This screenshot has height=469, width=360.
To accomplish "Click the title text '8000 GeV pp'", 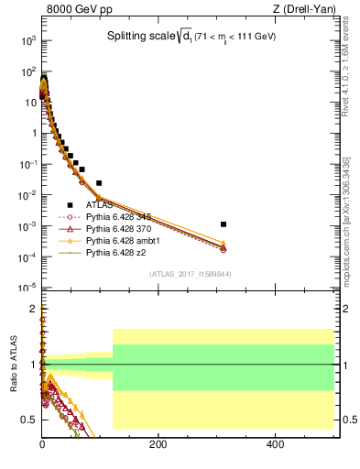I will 72,10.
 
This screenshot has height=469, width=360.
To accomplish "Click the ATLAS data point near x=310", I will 224,224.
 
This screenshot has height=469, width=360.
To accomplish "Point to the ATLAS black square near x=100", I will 99,183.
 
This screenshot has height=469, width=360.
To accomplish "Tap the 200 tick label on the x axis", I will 158,443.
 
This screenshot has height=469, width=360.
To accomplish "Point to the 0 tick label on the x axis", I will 43,443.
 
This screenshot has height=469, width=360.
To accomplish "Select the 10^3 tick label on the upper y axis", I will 27,41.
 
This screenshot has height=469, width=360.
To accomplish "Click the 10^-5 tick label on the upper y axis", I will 27,288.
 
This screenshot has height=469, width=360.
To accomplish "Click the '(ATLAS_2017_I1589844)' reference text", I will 190,274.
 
